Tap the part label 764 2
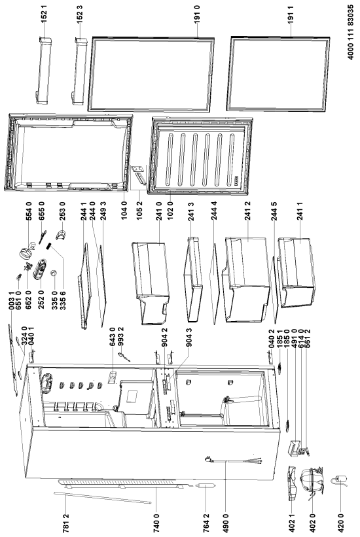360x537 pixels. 206,525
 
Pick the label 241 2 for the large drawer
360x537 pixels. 248,211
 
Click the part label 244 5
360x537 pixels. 274,211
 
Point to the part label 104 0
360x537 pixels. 124,210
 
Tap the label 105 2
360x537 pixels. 139,210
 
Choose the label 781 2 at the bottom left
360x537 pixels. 67,525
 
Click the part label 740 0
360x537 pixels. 156,525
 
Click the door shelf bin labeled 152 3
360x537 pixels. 79,71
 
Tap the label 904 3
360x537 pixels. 189,337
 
